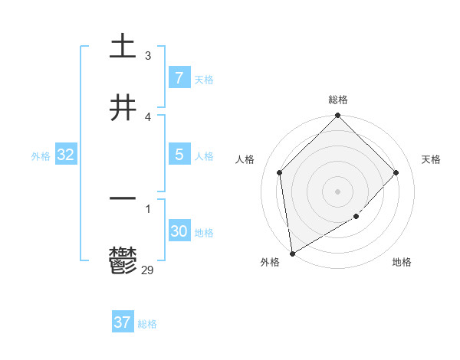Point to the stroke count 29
point(148,269)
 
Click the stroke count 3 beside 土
point(148,56)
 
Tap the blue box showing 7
point(179,78)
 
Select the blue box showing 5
point(179,155)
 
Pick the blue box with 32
point(66,155)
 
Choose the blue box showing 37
point(123,322)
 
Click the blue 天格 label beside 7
point(203,80)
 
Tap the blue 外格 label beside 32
point(41,156)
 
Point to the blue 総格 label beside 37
point(147,324)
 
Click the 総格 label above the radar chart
point(338,100)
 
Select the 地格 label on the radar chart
point(402,263)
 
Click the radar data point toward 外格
point(292,254)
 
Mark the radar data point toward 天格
point(396,172)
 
